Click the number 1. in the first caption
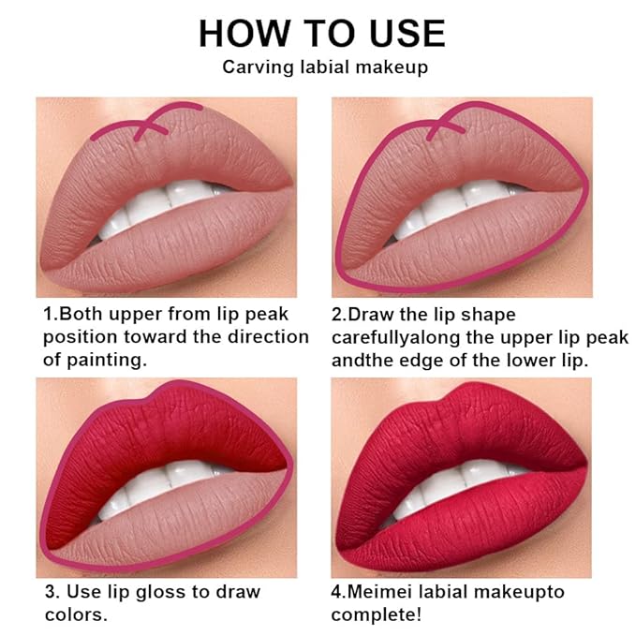[x=51, y=315]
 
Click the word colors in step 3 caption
[x=73, y=614]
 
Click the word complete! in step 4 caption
[x=376, y=615]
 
